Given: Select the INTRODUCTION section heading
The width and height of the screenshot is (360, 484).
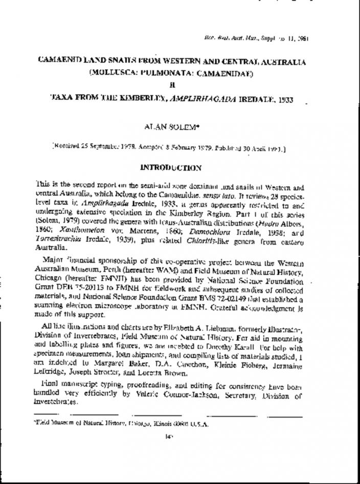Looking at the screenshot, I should [x=171, y=167].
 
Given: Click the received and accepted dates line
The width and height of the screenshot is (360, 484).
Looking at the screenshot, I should [x=169, y=149].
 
